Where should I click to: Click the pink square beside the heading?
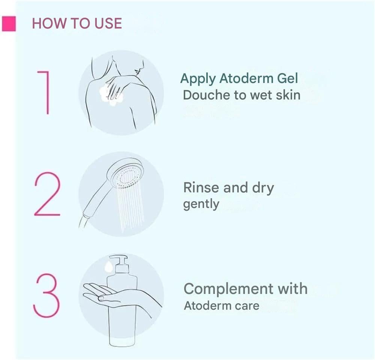(x=9, y=24)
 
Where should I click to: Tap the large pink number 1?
(x=44, y=92)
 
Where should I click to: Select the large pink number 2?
(x=47, y=194)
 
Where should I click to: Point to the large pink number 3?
(x=46, y=295)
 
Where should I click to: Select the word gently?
(x=201, y=204)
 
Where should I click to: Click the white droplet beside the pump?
(x=108, y=267)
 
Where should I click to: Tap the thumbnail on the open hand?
(x=101, y=298)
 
